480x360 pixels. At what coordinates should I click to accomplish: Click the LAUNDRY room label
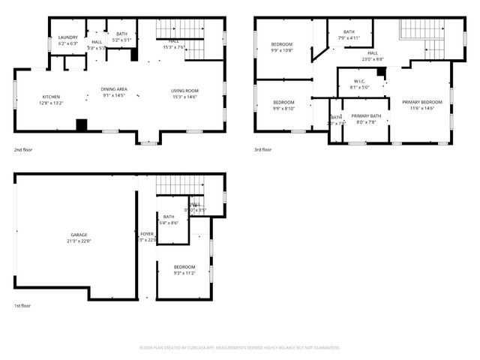68,37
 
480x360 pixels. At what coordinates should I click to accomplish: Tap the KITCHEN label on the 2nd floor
51,97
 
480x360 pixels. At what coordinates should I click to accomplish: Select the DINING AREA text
114,89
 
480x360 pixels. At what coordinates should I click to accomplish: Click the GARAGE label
79,235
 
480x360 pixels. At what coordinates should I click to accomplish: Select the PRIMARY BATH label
366,116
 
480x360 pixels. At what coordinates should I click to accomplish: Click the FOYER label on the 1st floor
146,235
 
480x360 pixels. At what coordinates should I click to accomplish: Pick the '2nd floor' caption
22,149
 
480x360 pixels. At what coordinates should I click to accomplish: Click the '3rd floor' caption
262,149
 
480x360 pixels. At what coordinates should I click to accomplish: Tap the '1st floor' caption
22,306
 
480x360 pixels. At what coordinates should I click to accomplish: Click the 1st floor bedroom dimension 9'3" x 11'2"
184,274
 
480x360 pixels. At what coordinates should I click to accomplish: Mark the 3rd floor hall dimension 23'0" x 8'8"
373,58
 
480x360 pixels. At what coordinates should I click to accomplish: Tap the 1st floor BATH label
169,217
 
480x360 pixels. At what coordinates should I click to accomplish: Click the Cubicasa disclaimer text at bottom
240,348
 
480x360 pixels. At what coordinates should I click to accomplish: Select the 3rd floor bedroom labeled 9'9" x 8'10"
283,105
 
